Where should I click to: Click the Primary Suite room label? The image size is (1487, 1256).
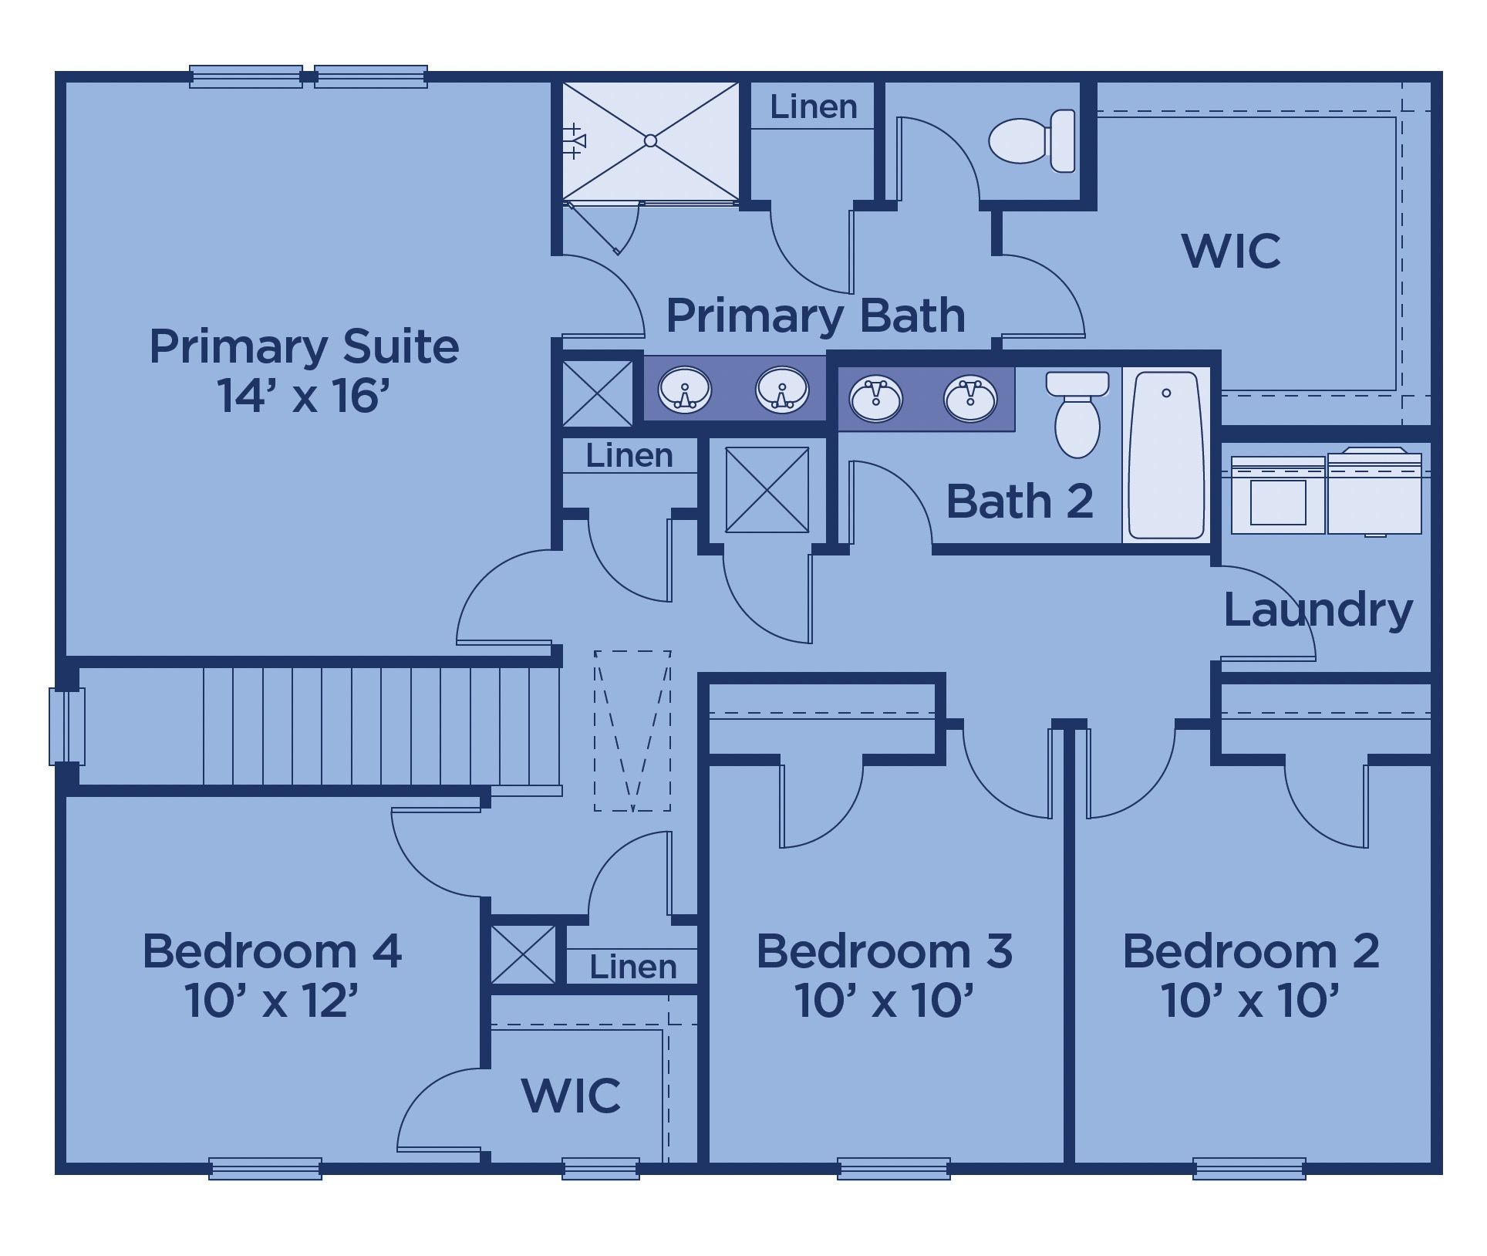click(304, 346)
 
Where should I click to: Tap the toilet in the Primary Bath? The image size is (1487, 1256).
click(1032, 140)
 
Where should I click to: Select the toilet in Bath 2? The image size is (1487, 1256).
click(1077, 415)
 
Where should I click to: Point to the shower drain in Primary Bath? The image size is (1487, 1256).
click(650, 140)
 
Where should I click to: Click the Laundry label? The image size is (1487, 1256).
click(1318, 609)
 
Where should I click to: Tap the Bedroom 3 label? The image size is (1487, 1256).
click(884, 950)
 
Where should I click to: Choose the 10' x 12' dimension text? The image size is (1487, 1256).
click(271, 1001)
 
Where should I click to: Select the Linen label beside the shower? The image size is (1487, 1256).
click(814, 106)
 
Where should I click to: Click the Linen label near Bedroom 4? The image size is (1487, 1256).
click(632, 967)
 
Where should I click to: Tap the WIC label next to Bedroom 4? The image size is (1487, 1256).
click(571, 1095)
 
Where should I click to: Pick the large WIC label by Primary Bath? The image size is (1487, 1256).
click(1231, 250)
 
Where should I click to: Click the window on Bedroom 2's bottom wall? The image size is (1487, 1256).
click(1249, 1168)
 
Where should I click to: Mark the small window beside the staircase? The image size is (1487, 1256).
click(67, 726)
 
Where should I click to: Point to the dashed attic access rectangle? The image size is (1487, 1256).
click(632, 731)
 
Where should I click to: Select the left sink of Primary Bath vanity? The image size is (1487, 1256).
click(685, 389)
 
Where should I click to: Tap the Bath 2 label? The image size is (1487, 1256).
click(1020, 501)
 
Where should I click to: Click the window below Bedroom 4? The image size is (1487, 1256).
click(265, 1168)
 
